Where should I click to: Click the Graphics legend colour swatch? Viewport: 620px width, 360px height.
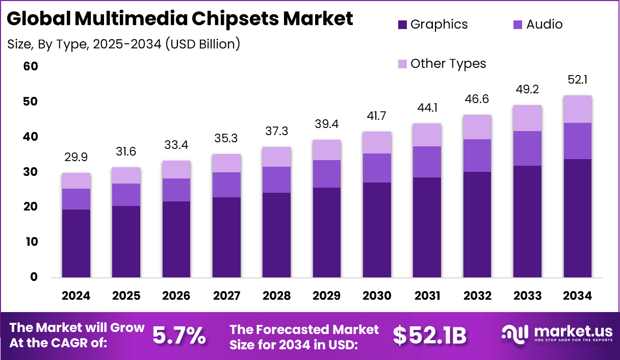click(402, 24)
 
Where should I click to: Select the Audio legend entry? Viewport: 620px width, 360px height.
click(544, 24)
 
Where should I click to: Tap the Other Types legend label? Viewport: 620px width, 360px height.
click(448, 64)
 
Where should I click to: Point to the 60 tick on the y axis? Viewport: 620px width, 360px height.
click(30, 67)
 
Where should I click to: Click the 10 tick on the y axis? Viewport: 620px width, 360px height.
click(30, 242)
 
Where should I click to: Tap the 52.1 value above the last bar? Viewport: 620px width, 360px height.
click(578, 80)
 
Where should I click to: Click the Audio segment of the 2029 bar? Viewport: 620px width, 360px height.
click(327, 174)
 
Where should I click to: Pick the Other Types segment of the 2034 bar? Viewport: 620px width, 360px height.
click(578, 109)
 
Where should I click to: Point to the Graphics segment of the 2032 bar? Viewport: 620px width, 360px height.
click(477, 224)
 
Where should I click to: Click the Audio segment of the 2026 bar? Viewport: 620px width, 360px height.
click(176, 190)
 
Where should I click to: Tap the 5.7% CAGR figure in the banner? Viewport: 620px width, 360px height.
click(179, 336)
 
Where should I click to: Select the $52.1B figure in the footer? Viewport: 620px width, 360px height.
click(429, 336)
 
